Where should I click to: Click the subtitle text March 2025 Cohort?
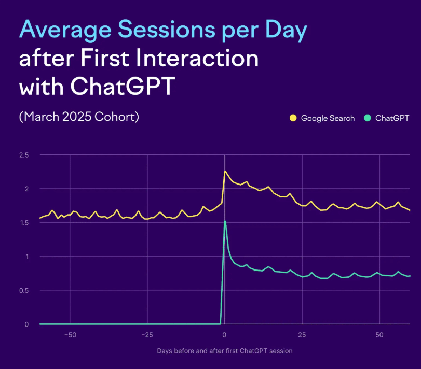(79, 117)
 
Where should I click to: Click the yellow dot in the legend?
(293, 118)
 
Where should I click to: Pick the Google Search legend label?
(328, 118)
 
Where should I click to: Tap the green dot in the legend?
(367, 118)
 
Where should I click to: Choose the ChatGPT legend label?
(392, 118)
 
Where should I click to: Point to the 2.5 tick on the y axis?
(23, 155)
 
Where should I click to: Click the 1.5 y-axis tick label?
(23, 223)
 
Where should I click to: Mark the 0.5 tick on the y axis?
(23, 290)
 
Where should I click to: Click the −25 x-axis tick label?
(147, 335)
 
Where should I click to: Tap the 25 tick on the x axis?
(303, 335)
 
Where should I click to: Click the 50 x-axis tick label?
(380, 335)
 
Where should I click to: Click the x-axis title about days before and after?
(225, 351)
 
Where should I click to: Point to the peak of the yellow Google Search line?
(225, 171)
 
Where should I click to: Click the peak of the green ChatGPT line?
(225, 221)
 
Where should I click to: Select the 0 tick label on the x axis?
(225, 335)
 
